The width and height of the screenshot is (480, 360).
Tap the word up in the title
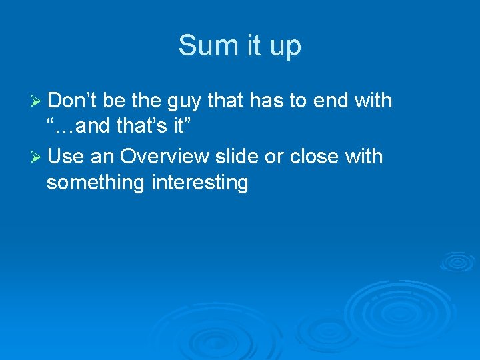285,47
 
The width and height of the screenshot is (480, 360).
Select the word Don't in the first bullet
73,101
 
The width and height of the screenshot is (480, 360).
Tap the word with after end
373,101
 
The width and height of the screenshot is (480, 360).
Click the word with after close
365,157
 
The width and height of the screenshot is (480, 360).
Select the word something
95,183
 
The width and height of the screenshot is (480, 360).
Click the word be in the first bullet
115,101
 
